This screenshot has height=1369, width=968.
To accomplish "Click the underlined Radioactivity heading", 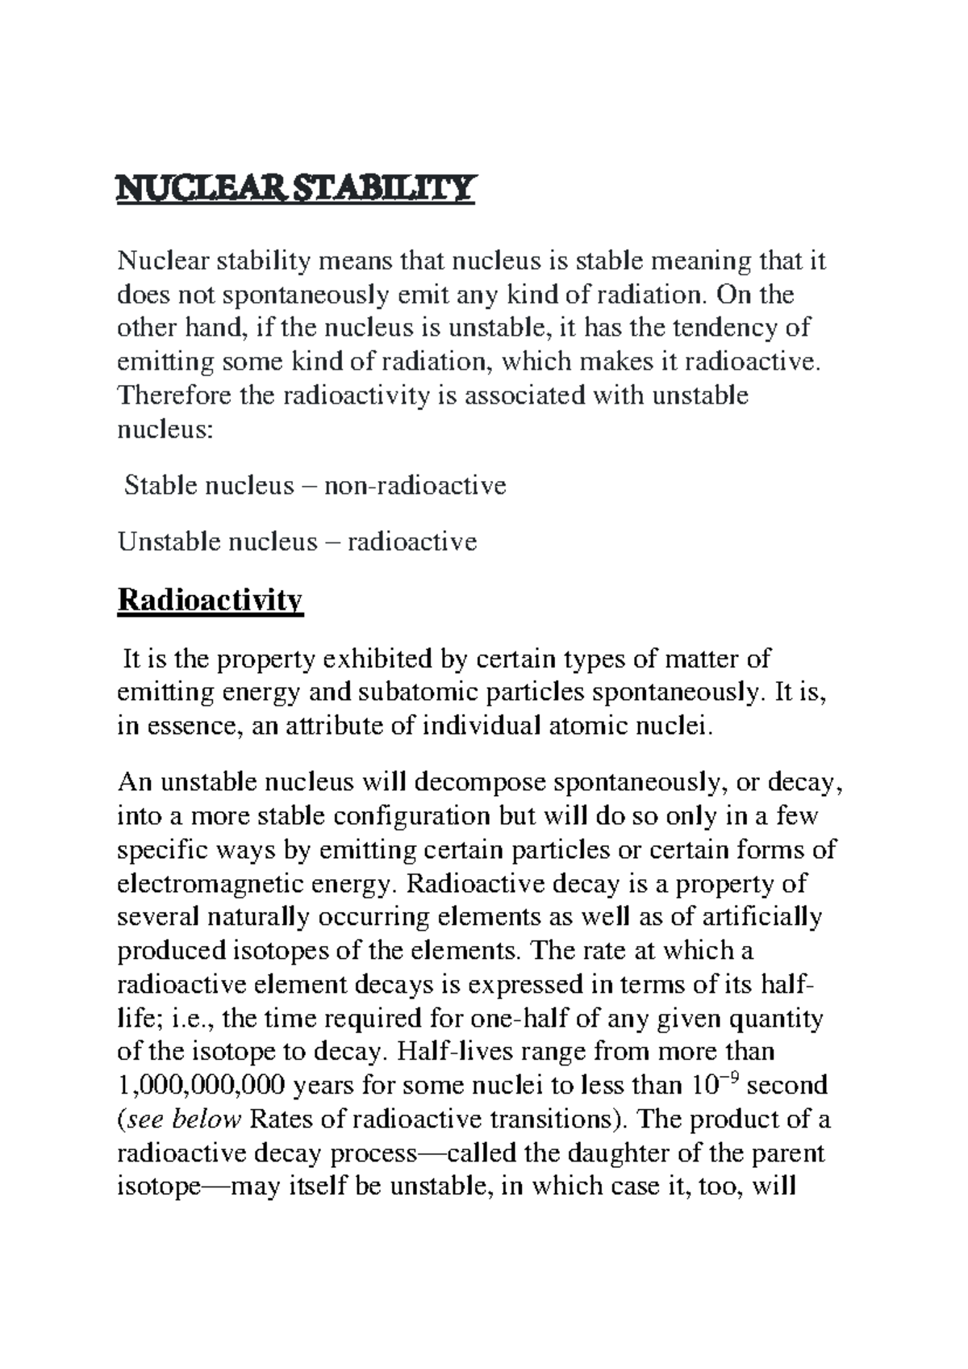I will click(x=210, y=600).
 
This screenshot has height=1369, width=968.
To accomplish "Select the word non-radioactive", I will click(x=415, y=485).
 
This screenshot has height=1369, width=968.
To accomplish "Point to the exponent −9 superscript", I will click(x=729, y=1077).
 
